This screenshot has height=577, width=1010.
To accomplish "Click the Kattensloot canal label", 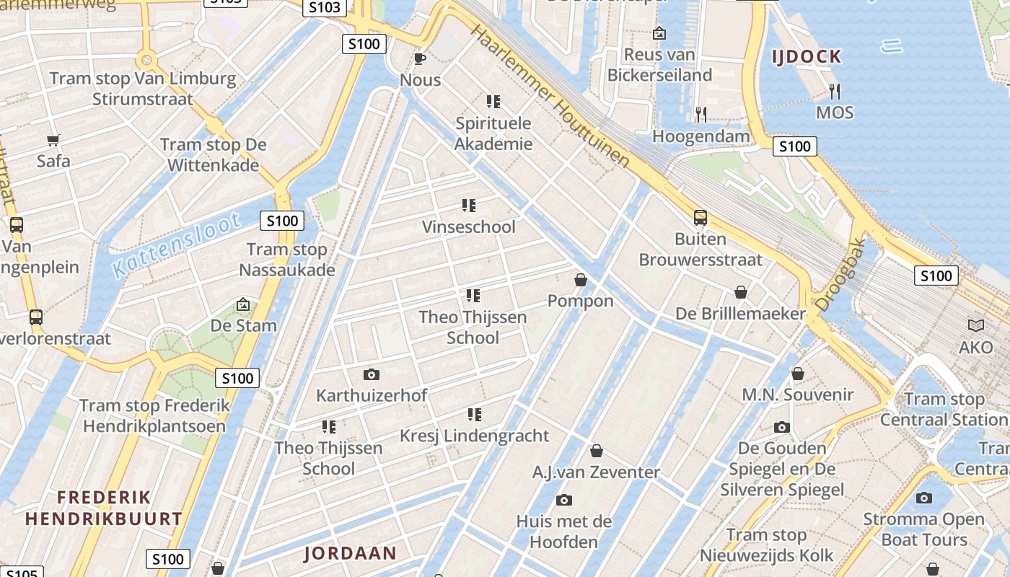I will tap(177, 245).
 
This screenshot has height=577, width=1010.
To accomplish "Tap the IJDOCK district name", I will tap(807, 56).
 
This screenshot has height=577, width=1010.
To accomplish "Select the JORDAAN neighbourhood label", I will tap(350, 553).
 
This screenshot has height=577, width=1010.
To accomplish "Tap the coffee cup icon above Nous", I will tap(420, 58).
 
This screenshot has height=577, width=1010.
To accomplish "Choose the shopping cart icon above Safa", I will tap(53, 140).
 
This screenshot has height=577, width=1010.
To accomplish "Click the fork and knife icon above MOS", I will tap(835, 91).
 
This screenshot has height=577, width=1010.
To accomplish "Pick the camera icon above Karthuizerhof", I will tap(372, 374).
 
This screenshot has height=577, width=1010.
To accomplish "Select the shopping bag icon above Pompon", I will tap(581, 280).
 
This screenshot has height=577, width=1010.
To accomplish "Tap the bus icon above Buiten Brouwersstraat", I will tap(700, 217).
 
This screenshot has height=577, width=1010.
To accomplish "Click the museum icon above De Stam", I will tap(243, 304).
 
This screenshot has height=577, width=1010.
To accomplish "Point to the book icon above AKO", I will tap(976, 326).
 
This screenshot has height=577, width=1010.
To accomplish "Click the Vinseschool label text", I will tap(469, 227).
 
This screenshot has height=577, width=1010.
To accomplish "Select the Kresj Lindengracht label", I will tap(475, 436).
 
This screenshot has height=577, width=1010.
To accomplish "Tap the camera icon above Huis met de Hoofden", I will tap(564, 500).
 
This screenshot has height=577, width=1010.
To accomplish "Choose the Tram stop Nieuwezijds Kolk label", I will tap(766, 545).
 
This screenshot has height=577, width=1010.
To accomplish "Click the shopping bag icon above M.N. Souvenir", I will tap(798, 374).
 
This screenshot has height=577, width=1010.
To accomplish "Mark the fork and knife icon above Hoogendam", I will tap(701, 114).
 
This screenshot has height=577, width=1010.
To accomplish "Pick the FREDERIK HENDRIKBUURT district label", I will tap(104, 508).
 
